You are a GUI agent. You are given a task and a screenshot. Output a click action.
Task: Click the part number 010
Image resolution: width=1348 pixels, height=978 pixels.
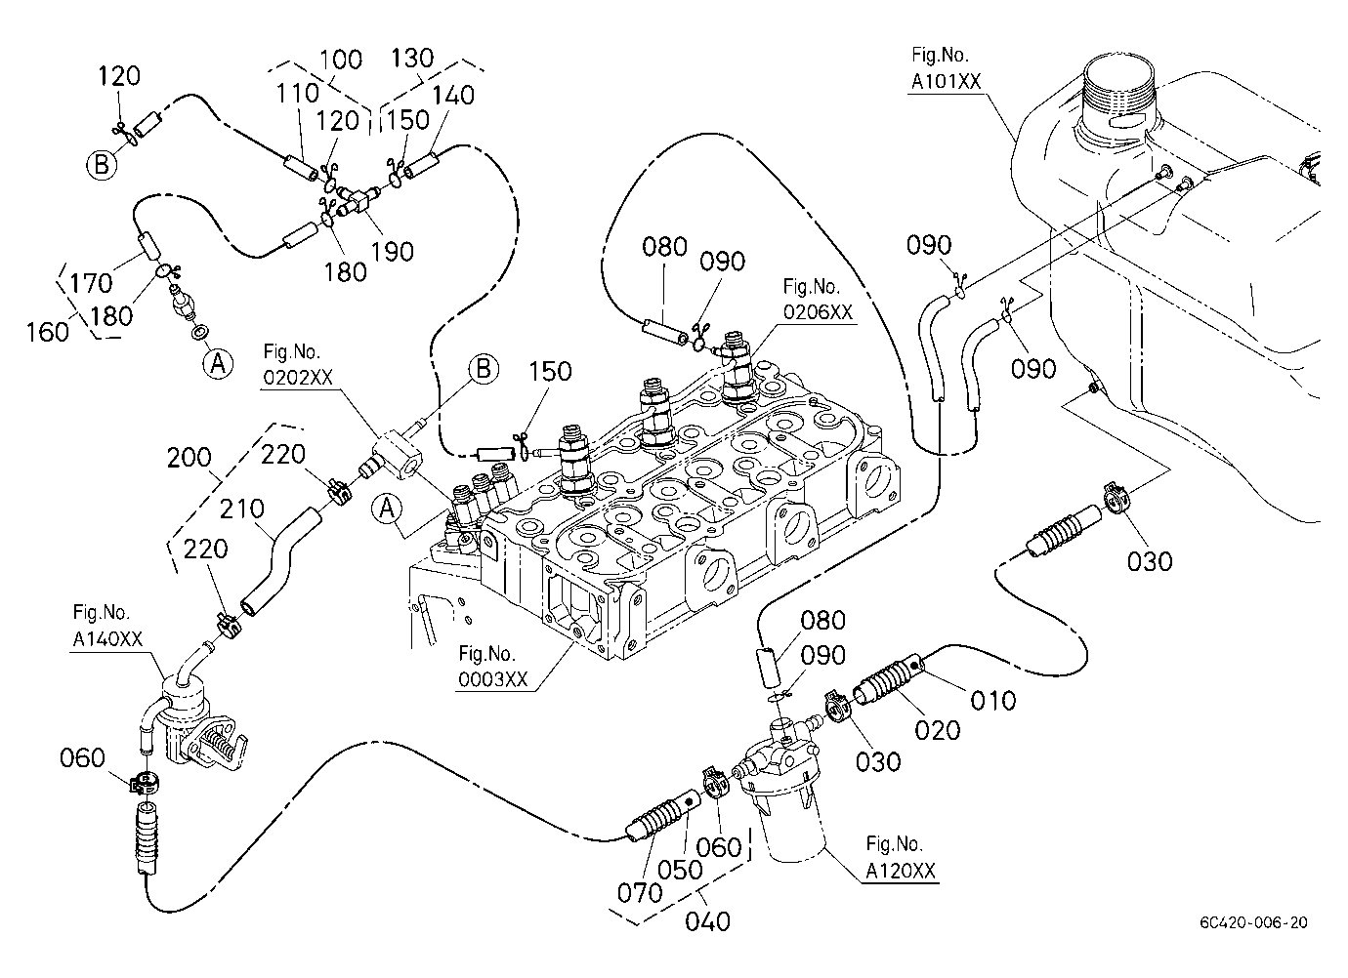[x=993, y=701]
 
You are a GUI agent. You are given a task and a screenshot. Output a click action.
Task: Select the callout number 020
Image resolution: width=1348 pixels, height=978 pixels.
[x=938, y=731]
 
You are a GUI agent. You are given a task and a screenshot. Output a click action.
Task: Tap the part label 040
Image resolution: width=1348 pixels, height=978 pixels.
[x=707, y=921]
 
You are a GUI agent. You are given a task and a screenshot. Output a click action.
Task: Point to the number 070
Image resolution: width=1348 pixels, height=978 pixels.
[x=640, y=893]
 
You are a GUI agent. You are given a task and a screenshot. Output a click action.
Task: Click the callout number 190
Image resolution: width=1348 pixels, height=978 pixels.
[x=392, y=252]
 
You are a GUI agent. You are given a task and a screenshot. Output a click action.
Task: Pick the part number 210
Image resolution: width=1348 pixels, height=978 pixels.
[x=241, y=509]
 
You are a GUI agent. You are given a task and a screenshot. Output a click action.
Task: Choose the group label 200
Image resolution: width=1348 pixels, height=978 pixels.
[x=189, y=458]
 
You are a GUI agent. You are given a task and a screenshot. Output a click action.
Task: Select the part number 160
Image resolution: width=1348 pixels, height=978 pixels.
[x=48, y=332]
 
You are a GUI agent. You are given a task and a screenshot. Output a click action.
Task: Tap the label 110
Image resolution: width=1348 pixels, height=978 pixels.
[x=297, y=94]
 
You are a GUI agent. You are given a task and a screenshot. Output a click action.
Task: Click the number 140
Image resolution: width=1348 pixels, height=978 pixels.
[x=452, y=95]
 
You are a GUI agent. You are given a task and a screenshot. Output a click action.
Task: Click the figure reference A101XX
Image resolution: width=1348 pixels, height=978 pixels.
[x=946, y=81]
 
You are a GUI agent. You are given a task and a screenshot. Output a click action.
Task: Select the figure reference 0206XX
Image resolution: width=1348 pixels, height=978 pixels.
[x=818, y=311]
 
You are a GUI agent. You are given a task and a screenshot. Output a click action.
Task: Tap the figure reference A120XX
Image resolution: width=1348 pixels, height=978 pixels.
[x=901, y=871]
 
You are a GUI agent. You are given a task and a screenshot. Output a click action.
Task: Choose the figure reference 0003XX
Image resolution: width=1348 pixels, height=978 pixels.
[x=493, y=679]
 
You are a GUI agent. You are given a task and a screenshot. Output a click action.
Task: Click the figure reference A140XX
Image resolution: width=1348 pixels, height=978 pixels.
[x=107, y=638]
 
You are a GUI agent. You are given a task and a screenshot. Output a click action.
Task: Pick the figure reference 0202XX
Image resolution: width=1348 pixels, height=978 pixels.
[x=298, y=377]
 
